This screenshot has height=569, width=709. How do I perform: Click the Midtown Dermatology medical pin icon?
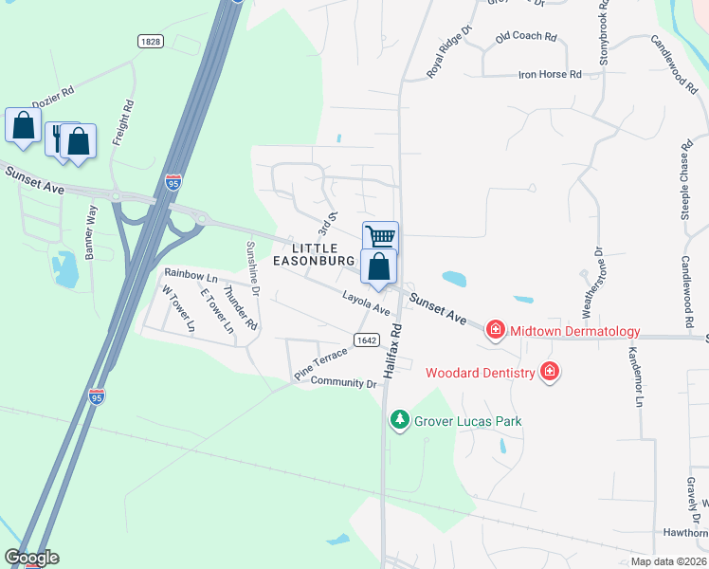point(495,331)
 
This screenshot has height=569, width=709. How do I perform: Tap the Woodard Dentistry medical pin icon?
point(548,372)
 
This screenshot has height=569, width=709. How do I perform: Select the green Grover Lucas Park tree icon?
point(400,420)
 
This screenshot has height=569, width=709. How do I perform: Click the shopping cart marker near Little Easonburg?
point(380,236)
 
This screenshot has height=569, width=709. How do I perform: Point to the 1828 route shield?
point(150,42)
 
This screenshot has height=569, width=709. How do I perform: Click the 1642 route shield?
point(367,340)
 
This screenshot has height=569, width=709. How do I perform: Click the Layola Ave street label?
point(367,303)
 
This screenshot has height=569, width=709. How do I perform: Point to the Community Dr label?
point(344,383)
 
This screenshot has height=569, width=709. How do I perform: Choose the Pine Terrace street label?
point(320,364)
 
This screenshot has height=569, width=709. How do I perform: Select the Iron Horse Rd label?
point(549,75)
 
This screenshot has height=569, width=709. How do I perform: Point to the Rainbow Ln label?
point(191,277)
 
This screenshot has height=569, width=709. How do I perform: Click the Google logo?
point(31,558)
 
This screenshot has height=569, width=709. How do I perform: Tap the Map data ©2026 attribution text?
point(668,561)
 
